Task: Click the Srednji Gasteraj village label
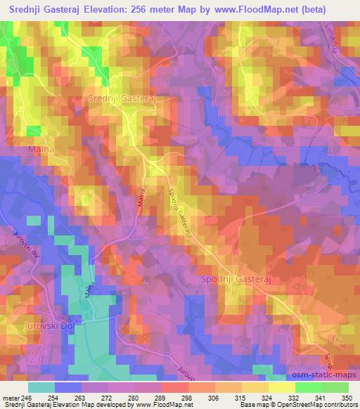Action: pyautogui.click(x=122, y=99)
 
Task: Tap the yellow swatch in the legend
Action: pyautogui.click(x=281, y=387)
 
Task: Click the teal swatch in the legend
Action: pyautogui.click(x=41, y=387)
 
